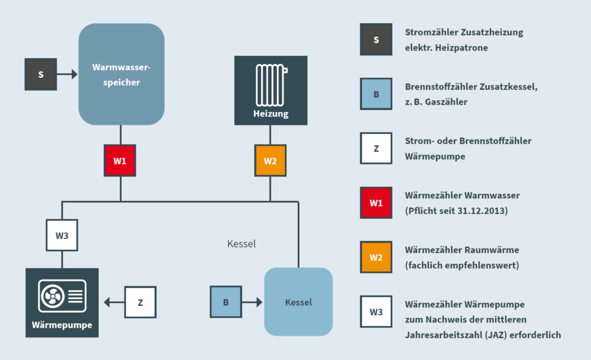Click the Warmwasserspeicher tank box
[x=121, y=74]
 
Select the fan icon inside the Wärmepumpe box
[x=53, y=297]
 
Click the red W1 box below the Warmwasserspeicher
[x=120, y=160]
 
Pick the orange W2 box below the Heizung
[x=270, y=160]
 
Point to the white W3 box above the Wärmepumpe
[x=62, y=235]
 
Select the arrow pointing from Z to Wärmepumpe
[x=113, y=302]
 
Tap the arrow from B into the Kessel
[x=252, y=302]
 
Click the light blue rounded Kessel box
[x=298, y=302]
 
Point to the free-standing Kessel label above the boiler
[x=241, y=244]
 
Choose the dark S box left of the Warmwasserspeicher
[x=41, y=74]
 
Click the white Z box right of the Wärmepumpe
[x=140, y=302]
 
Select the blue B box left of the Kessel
[x=226, y=302]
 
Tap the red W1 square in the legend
[x=376, y=203]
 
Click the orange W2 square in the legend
[x=376, y=257]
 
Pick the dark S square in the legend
[x=376, y=40]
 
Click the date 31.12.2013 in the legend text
[x=484, y=211]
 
